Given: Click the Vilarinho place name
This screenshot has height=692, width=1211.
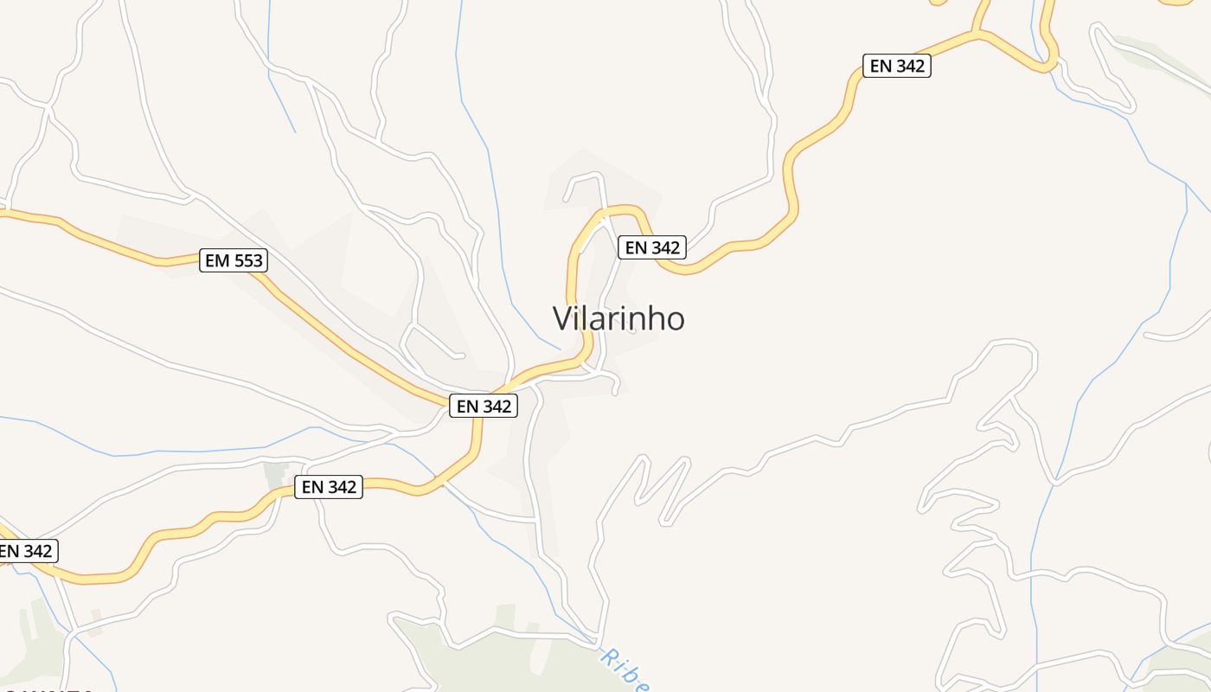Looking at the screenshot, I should click(618, 318).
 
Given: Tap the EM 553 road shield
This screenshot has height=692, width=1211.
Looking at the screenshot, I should click(233, 259).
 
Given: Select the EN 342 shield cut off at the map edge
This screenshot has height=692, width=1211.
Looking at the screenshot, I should click(26, 550).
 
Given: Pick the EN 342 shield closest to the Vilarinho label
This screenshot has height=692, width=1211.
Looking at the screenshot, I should click(652, 247).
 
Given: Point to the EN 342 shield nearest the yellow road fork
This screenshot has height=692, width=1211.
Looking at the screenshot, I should click(896, 65).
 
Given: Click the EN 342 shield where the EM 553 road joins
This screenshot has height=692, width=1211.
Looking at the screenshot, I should click(483, 405).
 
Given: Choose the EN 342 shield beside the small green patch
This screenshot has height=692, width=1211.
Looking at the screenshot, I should click(328, 486).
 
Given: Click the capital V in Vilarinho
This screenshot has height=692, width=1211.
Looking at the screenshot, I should click(562, 318).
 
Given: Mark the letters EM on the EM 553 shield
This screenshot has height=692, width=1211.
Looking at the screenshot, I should click(216, 259).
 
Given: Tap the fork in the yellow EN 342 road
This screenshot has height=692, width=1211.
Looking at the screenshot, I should click(977, 34).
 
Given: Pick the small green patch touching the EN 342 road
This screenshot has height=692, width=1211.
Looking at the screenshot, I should click(276, 475).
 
